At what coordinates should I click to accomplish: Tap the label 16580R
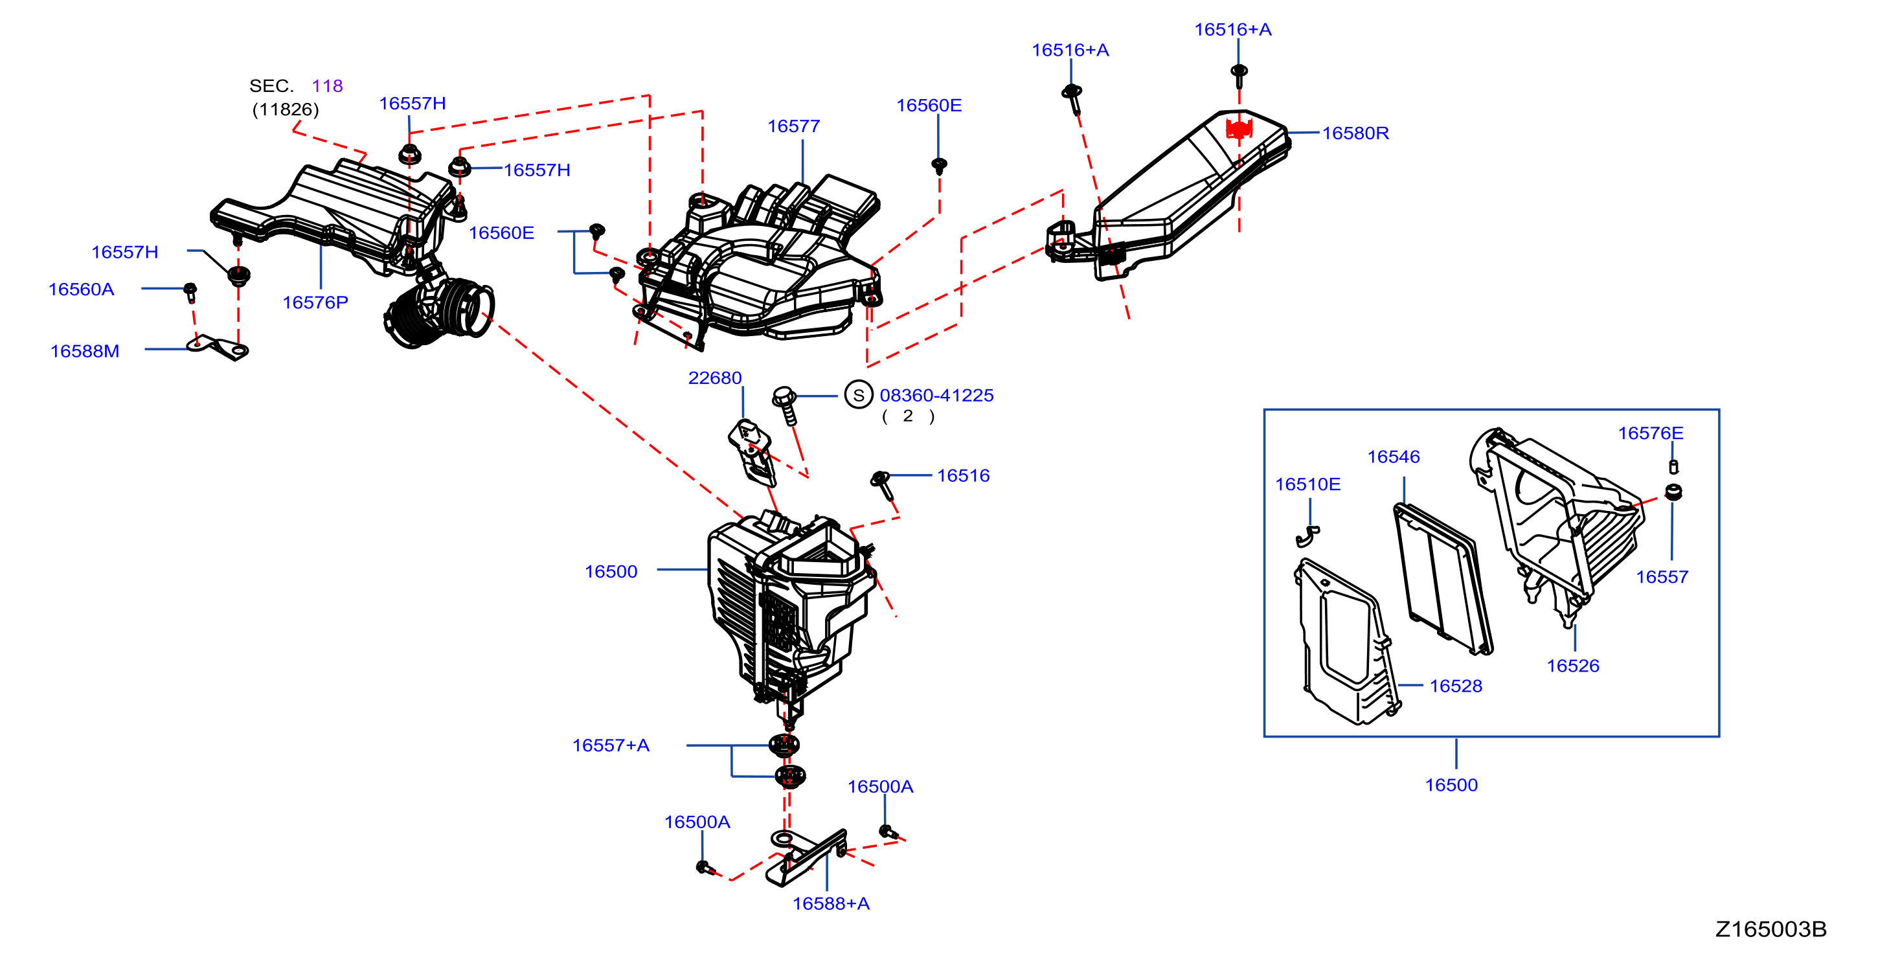1355,133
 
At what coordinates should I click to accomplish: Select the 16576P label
315,302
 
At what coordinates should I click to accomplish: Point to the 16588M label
85,351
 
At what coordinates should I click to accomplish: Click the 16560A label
81,289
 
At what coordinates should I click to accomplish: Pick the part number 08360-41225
936,395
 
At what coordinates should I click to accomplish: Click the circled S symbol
859,395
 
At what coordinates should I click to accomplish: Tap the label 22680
715,378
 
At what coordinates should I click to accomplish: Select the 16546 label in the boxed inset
1394,457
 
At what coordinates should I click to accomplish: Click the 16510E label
1307,484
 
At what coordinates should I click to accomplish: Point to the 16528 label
1455,686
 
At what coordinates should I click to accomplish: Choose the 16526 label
1572,666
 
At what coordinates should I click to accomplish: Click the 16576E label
1651,433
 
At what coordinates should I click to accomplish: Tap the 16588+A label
831,903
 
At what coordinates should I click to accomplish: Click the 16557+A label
611,745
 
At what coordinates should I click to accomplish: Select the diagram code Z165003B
1771,929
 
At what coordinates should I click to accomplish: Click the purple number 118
327,85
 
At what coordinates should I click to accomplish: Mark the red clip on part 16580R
1239,130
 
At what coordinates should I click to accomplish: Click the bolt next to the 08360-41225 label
786,405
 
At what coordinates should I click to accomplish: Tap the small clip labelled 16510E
1307,536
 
